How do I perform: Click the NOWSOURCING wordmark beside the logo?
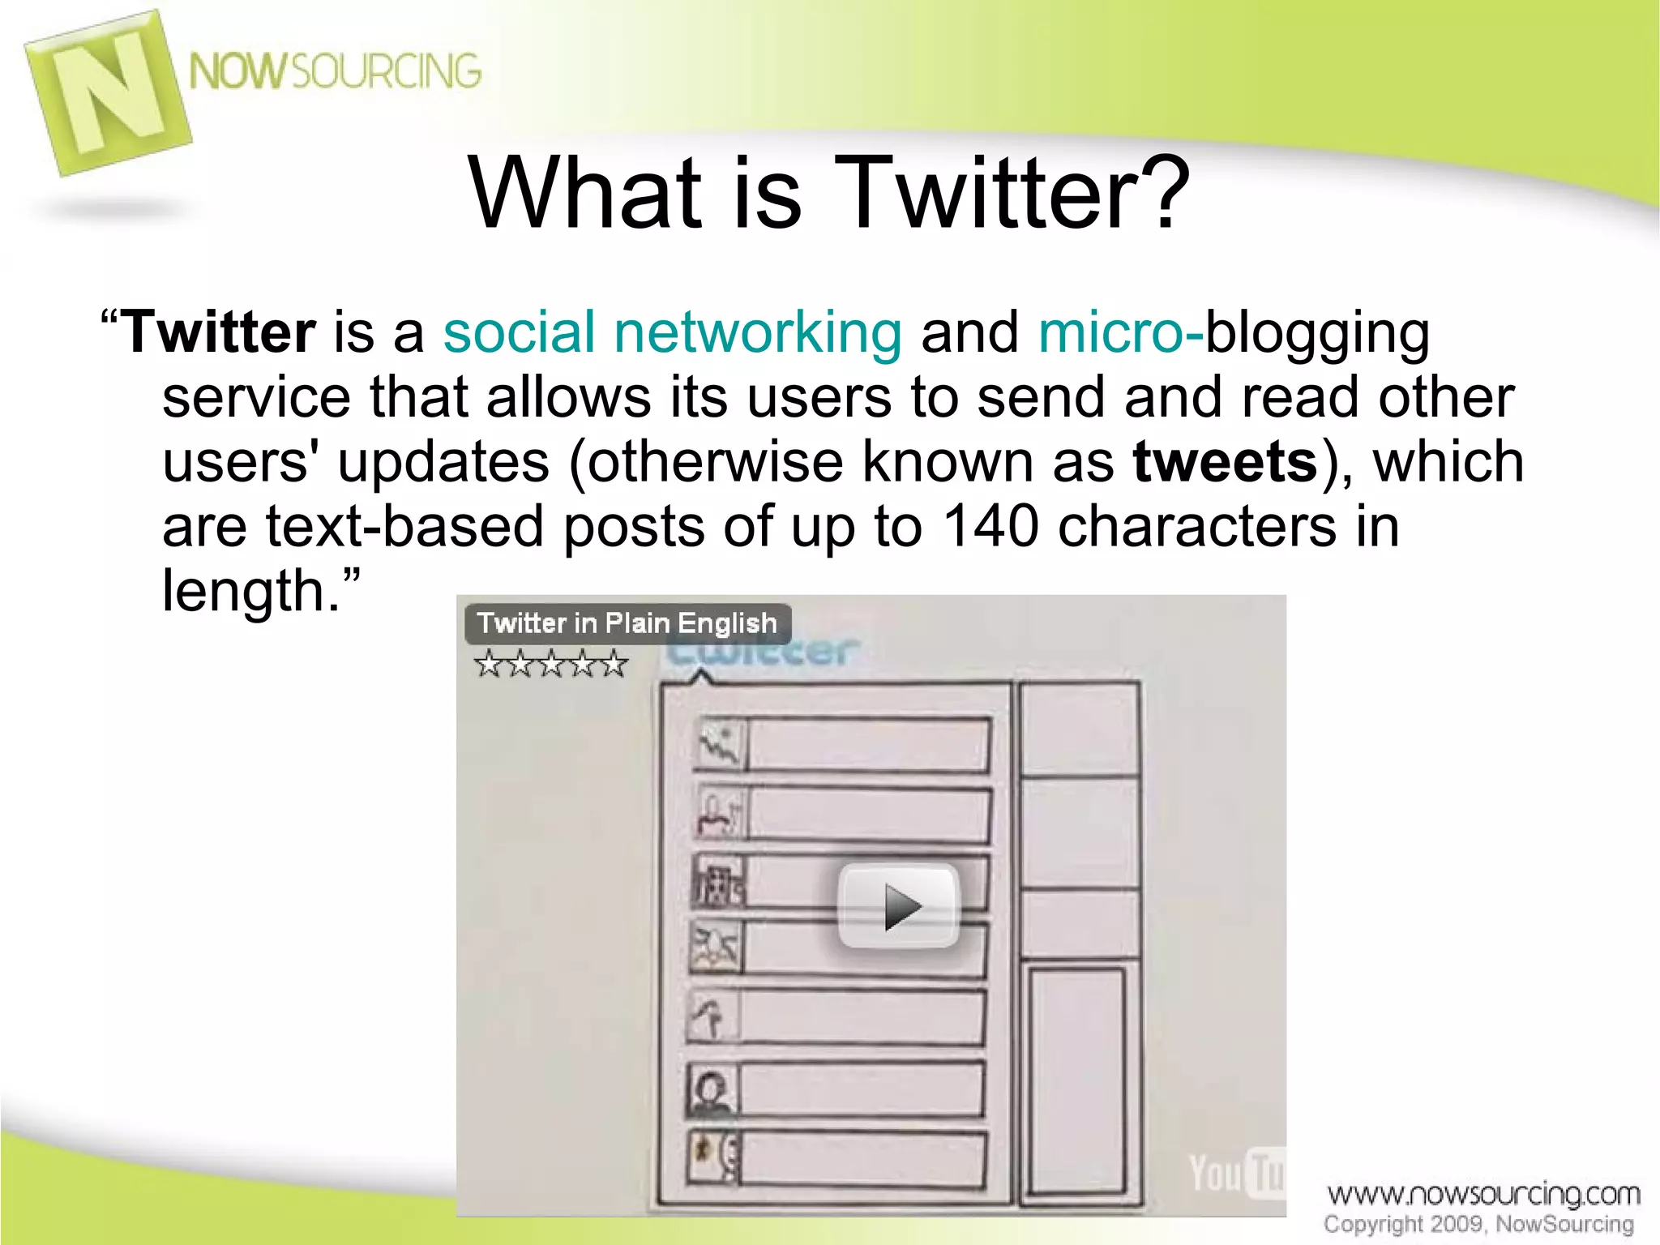tap(335, 71)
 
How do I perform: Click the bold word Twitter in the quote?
tap(219, 333)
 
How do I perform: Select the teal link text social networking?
tap(672, 333)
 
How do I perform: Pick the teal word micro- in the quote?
tap(1119, 333)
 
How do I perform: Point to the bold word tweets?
tap(1225, 461)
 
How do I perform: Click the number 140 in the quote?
tap(990, 526)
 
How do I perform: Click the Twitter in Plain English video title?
tap(627, 623)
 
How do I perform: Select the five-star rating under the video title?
tap(551, 664)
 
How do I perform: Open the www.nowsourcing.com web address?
tap(1482, 1194)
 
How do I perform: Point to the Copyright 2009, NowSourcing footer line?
tap(1478, 1224)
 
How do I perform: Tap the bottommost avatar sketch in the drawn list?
tap(713, 1157)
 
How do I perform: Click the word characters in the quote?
tap(1196, 526)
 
